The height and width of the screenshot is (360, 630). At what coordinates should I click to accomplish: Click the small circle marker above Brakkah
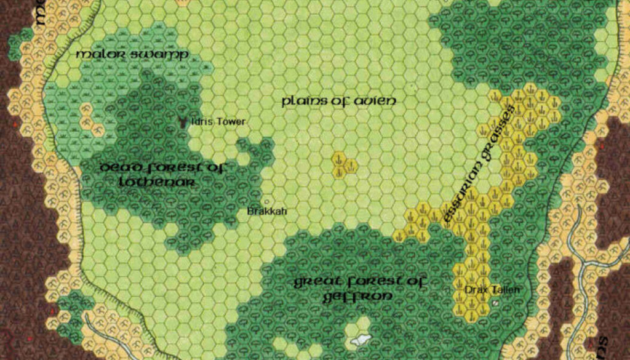pyautogui.click(x=266, y=201)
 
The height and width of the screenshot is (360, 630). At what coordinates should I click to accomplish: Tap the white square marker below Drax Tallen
pyautogui.click(x=495, y=303)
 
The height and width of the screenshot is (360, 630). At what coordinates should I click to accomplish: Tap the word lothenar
pyautogui.click(x=158, y=182)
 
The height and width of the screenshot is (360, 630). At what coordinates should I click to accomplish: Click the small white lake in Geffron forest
pyautogui.click(x=359, y=339)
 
